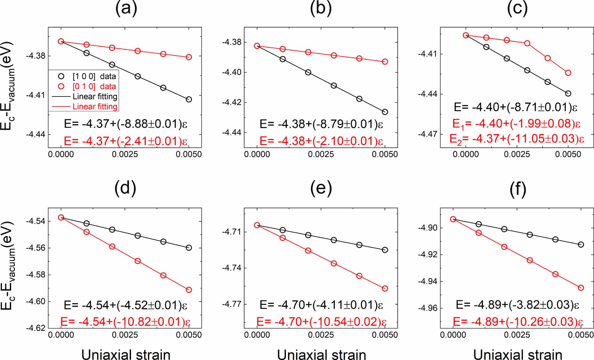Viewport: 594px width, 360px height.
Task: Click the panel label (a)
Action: pyautogui.click(x=126, y=8)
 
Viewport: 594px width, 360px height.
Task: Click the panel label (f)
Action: pyautogui.click(x=518, y=189)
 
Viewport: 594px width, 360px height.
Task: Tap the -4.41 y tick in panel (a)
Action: pyautogui.click(x=35, y=95)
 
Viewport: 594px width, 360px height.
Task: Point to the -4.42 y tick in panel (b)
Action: pyautogui.click(x=231, y=102)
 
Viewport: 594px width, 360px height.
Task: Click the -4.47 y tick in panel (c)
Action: pyautogui.click(x=427, y=134)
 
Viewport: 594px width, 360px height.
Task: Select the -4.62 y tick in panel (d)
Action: pyautogui.click(x=35, y=328)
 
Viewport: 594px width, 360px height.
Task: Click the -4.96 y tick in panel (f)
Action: pyautogui.click(x=427, y=308)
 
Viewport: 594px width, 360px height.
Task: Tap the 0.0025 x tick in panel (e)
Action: pyautogui.click(x=321, y=335)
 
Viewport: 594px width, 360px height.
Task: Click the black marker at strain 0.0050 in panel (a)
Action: pyautogui.click(x=189, y=99)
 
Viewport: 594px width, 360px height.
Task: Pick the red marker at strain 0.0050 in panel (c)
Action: pyautogui.click(x=568, y=73)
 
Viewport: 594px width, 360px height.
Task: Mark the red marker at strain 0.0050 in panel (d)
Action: pyautogui.click(x=189, y=290)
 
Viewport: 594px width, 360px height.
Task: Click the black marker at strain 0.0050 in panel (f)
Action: pyautogui.click(x=581, y=244)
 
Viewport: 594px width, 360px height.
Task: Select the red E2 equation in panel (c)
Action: pyautogui.click(x=517, y=139)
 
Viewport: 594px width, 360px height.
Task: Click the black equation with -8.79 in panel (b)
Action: pyautogui.click(x=321, y=124)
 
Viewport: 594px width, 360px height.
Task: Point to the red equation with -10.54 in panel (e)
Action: pyautogui.click(x=321, y=321)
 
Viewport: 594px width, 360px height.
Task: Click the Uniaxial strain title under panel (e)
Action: pyautogui.click(x=321, y=355)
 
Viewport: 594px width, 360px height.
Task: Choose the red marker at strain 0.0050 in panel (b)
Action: pyautogui.click(x=385, y=62)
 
